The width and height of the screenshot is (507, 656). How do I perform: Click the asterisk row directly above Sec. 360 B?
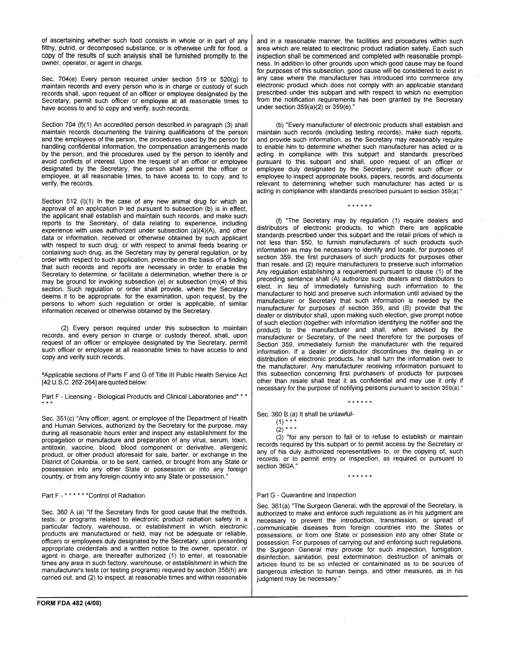[x=359, y=402]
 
